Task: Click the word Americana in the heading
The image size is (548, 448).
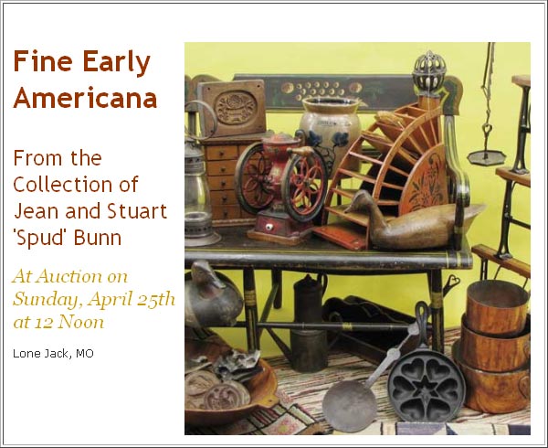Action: pyautogui.click(x=85, y=98)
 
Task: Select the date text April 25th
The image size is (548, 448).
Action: pyautogui.click(x=131, y=299)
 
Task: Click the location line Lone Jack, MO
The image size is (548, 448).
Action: pyautogui.click(x=53, y=354)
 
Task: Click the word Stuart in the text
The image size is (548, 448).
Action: pyautogui.click(x=137, y=211)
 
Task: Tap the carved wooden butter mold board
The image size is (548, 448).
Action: pyautogui.click(x=232, y=107)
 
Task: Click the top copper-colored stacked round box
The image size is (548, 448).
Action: pyautogui.click(x=498, y=306)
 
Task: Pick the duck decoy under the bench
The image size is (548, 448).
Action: pyautogui.click(x=213, y=293)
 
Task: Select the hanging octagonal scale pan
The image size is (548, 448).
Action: pyautogui.click(x=487, y=157)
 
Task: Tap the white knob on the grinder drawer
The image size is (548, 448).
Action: pyautogui.click(x=269, y=228)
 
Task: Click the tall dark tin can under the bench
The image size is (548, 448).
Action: pyautogui.click(x=310, y=324)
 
